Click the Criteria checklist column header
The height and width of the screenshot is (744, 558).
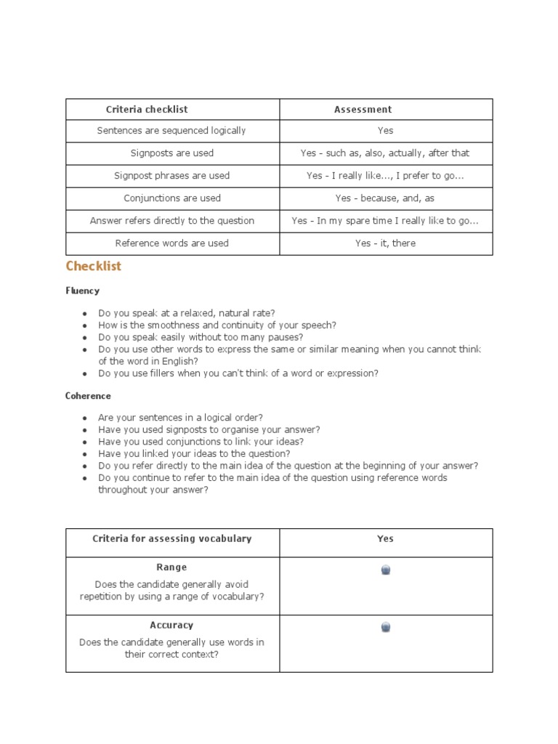coord(147,110)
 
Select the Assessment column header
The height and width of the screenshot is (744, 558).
coord(363,110)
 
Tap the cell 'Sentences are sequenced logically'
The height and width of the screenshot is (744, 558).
coord(171,131)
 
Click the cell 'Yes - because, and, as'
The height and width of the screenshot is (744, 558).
coord(385,198)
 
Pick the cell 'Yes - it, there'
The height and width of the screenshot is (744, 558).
coord(385,243)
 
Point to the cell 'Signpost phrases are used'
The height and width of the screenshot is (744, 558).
coord(171,176)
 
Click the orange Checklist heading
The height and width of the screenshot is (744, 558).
coord(94,267)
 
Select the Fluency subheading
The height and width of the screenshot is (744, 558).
coord(83,291)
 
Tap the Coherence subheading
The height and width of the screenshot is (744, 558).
coord(89,396)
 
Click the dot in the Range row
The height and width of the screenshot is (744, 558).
coord(386,570)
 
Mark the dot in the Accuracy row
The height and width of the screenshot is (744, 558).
coord(386,627)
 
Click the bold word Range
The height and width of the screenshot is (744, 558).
coord(171,567)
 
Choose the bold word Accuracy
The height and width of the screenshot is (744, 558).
coord(171,625)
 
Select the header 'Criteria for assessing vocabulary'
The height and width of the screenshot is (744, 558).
coord(171,539)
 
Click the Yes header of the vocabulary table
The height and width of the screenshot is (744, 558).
coord(385,539)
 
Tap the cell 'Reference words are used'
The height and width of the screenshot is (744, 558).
coord(171,243)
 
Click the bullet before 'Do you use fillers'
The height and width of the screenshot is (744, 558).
coord(85,374)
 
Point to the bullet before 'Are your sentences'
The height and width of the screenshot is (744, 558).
coord(85,418)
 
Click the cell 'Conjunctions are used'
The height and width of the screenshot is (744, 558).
coord(171,198)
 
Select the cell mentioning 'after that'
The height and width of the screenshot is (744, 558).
coord(385,153)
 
